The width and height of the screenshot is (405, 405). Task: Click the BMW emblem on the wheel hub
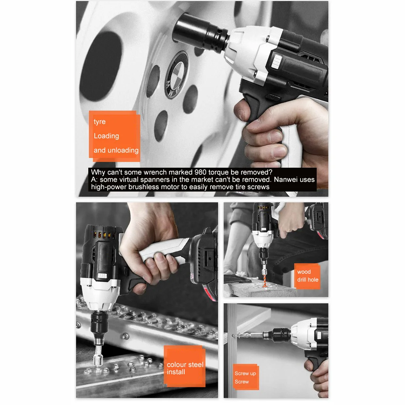176,74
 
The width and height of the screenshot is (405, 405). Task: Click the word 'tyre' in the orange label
100,122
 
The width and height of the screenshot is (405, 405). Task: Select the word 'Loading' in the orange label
107,136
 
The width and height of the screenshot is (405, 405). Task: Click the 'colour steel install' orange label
185,368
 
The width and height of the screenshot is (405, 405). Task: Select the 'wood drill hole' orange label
307,276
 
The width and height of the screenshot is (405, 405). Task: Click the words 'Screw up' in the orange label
245,373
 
